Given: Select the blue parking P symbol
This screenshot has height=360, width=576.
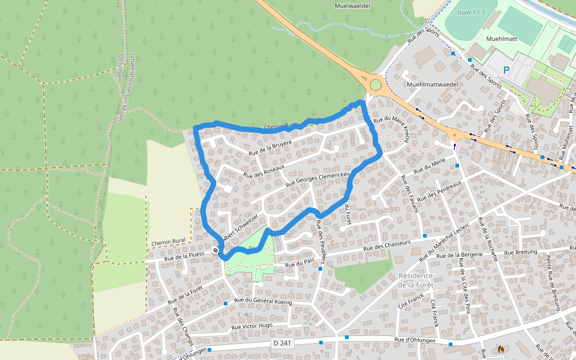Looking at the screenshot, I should tap(506, 70).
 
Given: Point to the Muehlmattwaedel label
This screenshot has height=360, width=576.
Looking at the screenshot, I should tap(432, 85).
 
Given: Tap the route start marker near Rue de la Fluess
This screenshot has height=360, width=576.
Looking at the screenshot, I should tap(215, 250).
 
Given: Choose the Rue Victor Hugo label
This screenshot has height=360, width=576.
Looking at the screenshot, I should tap(252, 326).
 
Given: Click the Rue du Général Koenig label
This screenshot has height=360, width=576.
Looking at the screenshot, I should tap(263, 301).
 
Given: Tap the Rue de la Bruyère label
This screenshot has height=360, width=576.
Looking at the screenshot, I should tap(270, 148).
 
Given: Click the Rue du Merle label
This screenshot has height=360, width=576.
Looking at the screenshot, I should tap(430, 165).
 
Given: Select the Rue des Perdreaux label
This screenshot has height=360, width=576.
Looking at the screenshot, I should tap(439, 191).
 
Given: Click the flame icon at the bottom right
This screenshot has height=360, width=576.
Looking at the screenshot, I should tap(501, 348).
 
